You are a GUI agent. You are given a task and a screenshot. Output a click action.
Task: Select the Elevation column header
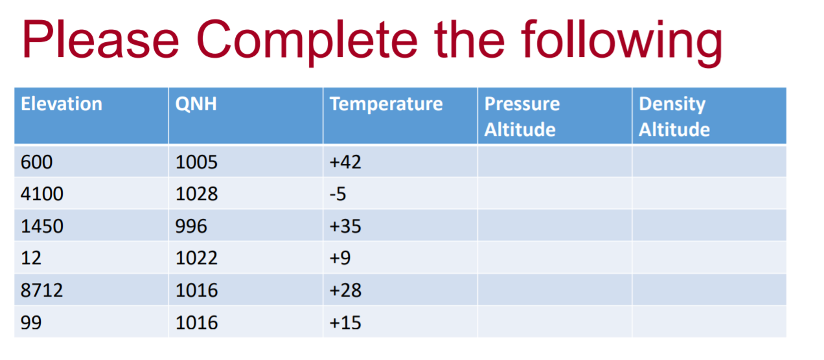tap(62, 104)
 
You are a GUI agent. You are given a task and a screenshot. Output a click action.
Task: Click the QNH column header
tap(196, 104)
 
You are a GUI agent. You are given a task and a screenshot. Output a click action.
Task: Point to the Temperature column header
tap(386, 104)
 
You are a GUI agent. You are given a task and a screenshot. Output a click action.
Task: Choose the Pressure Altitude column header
tap(522, 117)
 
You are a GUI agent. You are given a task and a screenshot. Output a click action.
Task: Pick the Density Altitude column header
tap(674, 117)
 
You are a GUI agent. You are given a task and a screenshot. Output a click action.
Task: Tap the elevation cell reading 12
tap(31, 258)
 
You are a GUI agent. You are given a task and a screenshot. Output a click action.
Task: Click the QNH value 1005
tap(196, 162)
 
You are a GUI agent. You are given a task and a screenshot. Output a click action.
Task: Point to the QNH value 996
tap(191, 226)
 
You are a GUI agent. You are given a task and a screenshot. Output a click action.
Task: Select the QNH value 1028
tap(196, 194)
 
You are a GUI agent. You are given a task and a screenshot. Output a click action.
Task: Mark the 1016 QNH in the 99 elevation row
tap(196, 322)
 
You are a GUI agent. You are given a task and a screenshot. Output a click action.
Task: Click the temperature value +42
tap(345, 162)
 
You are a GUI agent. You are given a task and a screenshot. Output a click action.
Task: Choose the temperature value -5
tap(339, 194)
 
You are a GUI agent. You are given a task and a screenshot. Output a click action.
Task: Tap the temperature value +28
tap(345, 290)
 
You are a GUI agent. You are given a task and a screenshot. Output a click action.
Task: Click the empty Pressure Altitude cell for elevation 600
tap(555, 162)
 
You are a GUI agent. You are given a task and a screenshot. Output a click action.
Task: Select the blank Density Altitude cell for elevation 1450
tap(709, 226)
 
